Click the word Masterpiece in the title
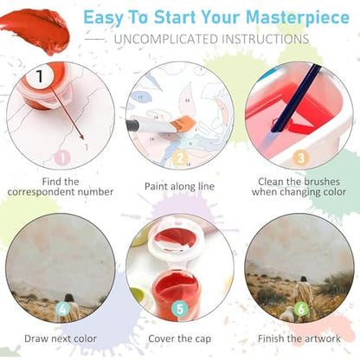tap(298, 18)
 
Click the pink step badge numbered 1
tap(62, 157)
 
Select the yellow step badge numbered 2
tap(180, 158)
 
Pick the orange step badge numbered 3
tap(301, 157)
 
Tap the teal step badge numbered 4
tap(62, 309)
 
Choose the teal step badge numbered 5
tap(179, 309)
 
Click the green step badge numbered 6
tap(301, 309)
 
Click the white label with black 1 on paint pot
tap(40, 76)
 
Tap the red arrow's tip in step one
tap(83, 139)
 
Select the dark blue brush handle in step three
tap(296, 98)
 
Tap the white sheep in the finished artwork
tap(286, 313)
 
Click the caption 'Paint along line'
tap(179, 186)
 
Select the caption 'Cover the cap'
tap(179, 338)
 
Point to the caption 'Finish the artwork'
tap(299, 338)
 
